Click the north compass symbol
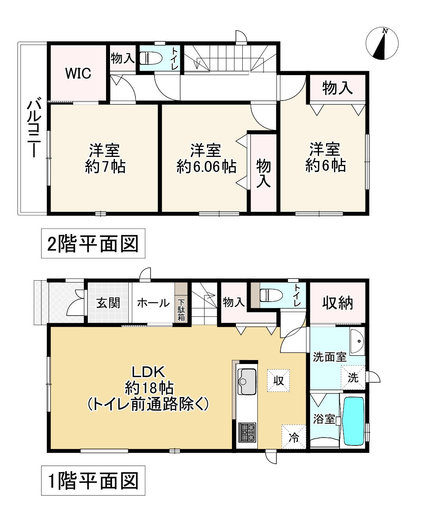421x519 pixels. pos(382,44)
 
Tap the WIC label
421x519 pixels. pos(78,73)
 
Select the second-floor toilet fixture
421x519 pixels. pos(151,58)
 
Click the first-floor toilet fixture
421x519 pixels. pos(271,296)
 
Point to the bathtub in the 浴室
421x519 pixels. pos(353,421)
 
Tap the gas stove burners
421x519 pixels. pos(247,432)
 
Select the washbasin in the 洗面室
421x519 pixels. pos(357,341)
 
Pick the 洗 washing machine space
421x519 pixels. pos(353,378)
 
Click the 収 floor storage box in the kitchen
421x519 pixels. pos(278,381)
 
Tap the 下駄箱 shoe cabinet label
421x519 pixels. pos(181,310)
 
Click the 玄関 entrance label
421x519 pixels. pos(108,303)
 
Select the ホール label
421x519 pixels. pos(153,303)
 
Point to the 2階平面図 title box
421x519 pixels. pos(93,244)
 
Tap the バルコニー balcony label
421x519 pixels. pos(34,127)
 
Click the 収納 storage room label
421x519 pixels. pos(338,303)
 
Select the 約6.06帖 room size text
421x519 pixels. pos(206,167)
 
